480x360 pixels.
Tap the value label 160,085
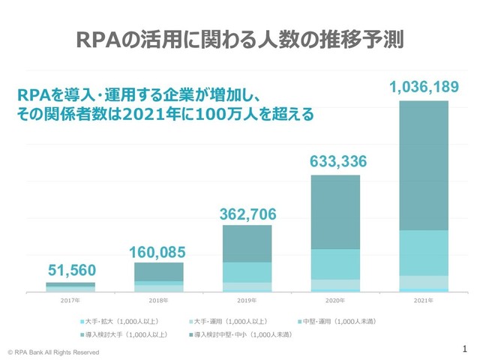pos(158,250)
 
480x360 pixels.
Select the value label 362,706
pos(247,214)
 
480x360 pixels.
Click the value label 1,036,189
pos(424,88)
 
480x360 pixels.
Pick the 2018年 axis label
pos(158,300)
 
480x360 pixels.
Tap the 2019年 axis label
pos(247,300)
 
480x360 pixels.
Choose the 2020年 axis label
pos(335,300)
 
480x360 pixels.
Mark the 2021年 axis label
pos(424,300)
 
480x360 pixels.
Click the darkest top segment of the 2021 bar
pos(424,165)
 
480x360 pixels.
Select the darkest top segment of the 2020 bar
pos(335,211)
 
